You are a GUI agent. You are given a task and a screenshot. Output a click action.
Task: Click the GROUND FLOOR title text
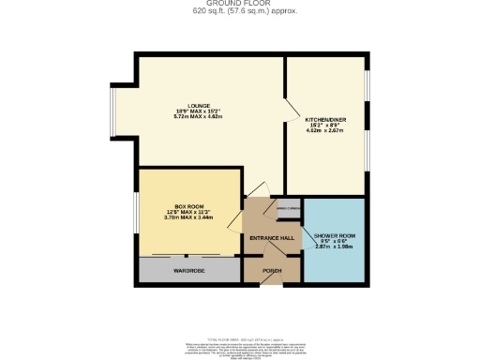click(239, 5)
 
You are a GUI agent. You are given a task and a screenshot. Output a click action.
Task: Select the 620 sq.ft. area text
click(239, 12)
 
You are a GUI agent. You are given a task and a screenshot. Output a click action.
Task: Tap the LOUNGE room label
click(198, 105)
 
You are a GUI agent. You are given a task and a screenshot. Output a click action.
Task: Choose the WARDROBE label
click(189, 270)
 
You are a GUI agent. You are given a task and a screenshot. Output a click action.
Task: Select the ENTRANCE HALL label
click(272, 238)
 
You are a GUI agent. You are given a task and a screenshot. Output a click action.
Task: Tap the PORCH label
click(272, 271)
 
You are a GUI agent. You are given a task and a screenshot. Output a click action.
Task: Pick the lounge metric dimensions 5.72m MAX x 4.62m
click(198, 116)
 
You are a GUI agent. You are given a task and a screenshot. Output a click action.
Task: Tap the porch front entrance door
click(272, 284)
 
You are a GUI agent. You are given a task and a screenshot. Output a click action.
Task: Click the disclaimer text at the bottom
click(239, 342)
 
